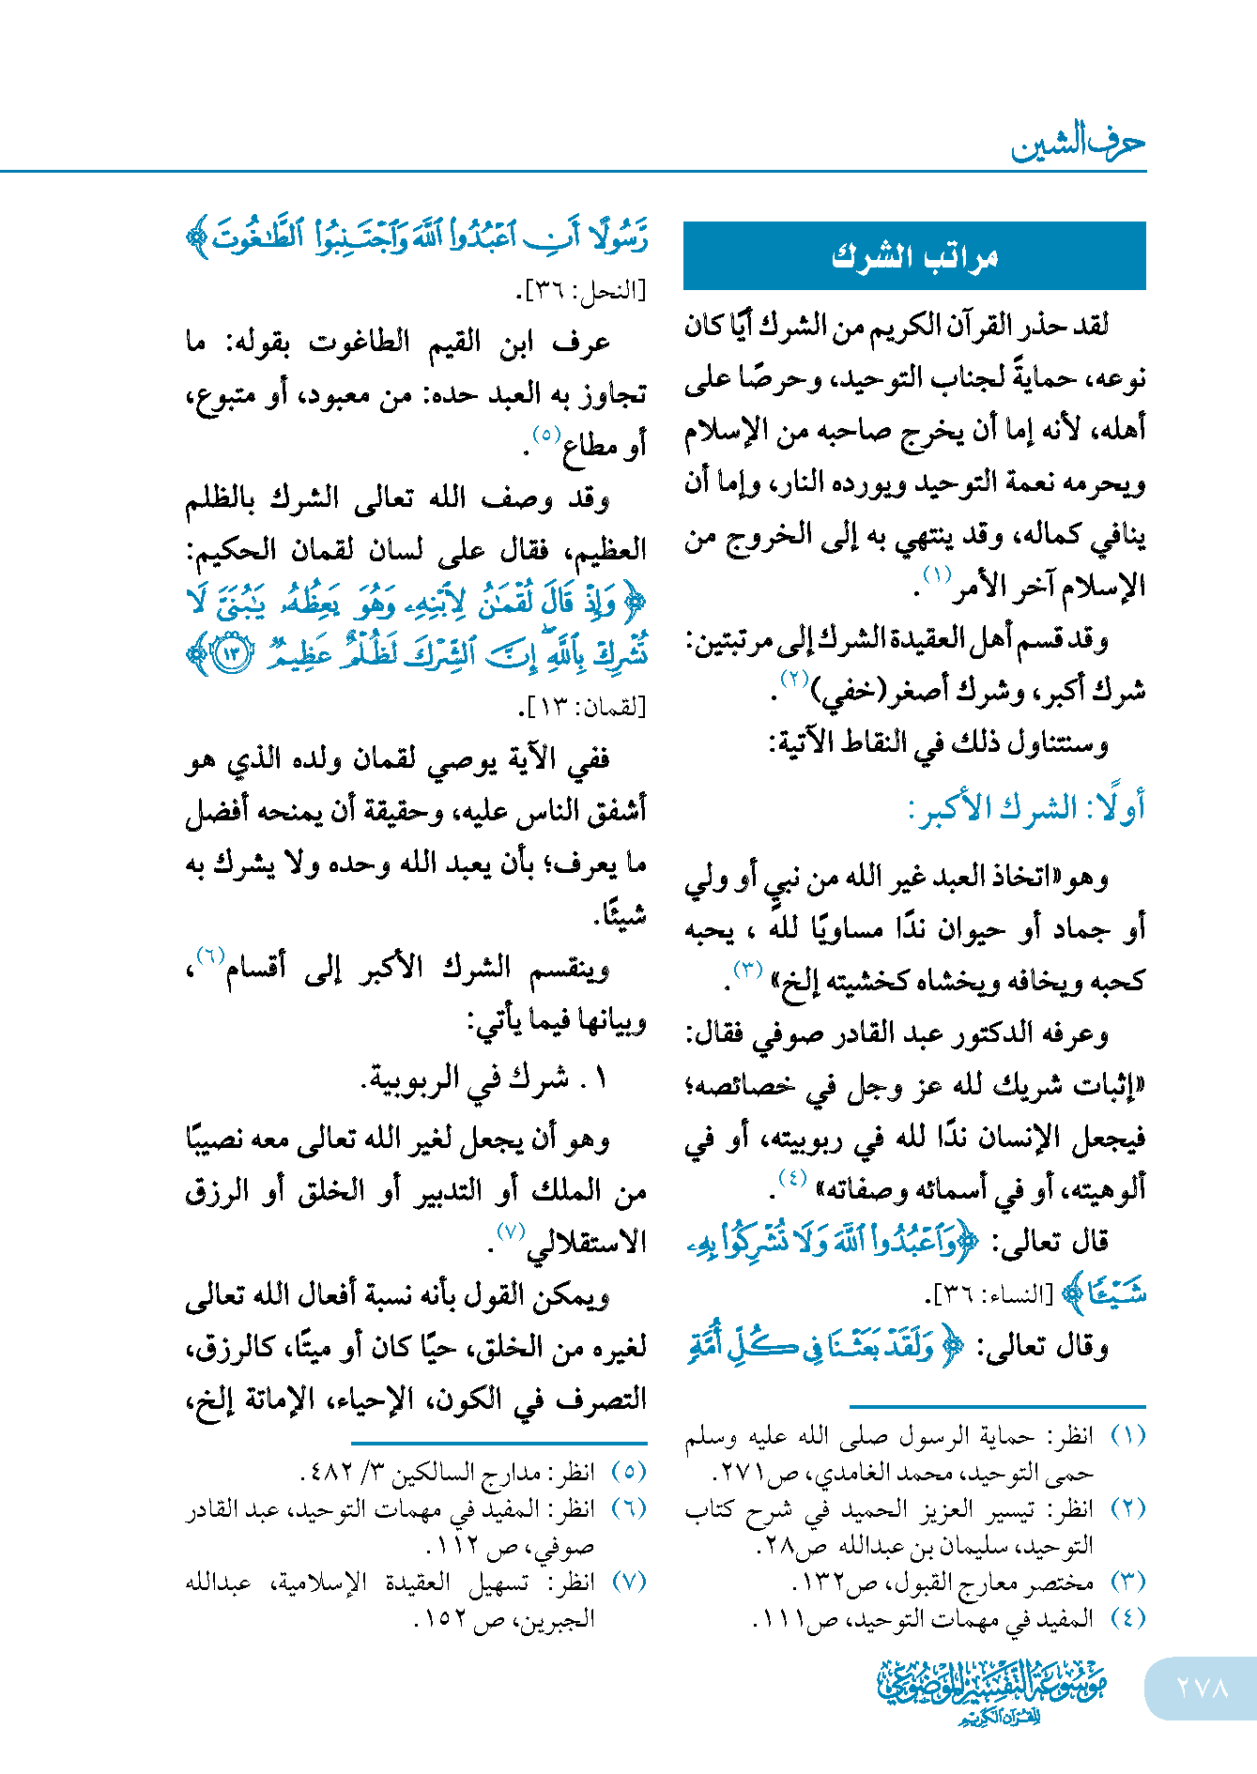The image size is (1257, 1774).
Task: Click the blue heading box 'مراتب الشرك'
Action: pyautogui.click(x=914, y=255)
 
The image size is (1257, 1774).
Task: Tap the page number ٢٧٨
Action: pyautogui.click(x=1203, y=1688)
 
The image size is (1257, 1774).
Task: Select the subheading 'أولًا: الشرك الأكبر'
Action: pyautogui.click(x=1027, y=808)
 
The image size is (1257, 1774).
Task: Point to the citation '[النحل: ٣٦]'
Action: pyautogui.click(x=582, y=291)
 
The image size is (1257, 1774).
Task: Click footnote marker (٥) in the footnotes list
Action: pyautogui.click(x=629, y=1471)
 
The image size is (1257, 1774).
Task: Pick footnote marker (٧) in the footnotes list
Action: pyautogui.click(x=629, y=1582)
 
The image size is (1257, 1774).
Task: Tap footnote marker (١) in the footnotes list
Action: pyautogui.click(x=1127, y=1435)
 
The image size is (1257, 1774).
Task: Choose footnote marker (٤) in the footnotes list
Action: pyautogui.click(x=1127, y=1618)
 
